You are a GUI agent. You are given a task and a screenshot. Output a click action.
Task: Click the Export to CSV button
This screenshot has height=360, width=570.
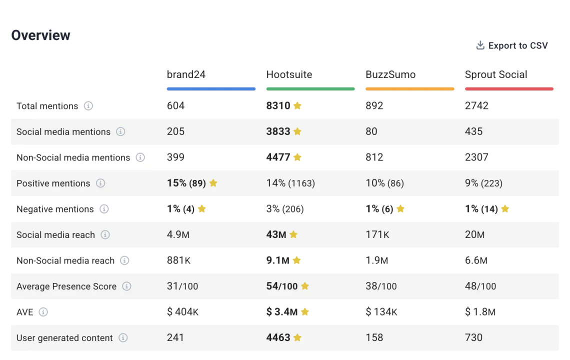(512, 45)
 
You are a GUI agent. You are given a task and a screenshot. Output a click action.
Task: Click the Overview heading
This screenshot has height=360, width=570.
(41, 35)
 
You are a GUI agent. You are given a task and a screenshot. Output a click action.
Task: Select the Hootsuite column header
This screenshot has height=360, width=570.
(289, 75)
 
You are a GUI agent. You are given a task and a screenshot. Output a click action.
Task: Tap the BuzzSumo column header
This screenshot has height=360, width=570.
(390, 75)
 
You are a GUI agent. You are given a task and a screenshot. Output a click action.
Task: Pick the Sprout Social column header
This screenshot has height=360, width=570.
(496, 75)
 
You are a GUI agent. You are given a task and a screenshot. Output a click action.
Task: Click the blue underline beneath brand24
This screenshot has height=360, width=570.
(211, 89)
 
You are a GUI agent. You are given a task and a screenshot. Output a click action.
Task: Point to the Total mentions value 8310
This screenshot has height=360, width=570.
(278, 106)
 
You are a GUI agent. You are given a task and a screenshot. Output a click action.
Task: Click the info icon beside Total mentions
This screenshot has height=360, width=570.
(88, 106)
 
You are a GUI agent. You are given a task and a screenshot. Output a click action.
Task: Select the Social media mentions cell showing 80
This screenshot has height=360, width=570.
(371, 131)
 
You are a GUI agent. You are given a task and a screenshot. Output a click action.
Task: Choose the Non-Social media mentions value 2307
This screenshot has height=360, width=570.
(476, 157)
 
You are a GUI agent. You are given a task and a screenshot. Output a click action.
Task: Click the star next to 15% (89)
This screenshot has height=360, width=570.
(213, 183)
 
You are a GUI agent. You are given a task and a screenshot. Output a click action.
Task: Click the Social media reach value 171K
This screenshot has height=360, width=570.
(377, 234)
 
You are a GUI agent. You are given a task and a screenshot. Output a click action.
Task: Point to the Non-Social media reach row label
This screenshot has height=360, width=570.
(65, 260)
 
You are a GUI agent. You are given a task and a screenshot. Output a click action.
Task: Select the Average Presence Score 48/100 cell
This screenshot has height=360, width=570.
(480, 286)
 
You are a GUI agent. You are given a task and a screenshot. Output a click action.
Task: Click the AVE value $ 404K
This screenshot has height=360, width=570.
(182, 312)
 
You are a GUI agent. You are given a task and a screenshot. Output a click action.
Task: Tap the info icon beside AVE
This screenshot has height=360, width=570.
(43, 312)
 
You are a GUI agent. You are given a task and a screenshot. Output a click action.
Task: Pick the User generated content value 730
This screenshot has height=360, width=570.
(473, 338)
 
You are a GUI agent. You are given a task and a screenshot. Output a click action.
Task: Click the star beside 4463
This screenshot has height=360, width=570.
(297, 338)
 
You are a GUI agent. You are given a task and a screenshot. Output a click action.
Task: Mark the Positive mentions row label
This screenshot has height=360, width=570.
(53, 183)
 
